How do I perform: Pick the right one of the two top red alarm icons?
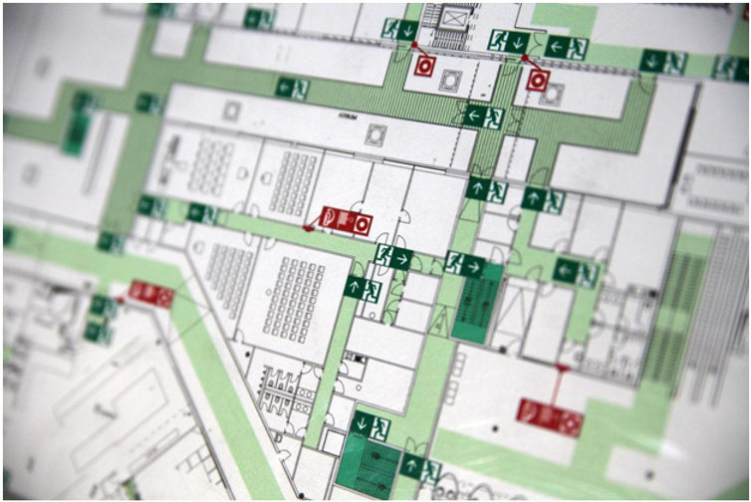click(537, 79)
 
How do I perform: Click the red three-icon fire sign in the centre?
click(345, 220)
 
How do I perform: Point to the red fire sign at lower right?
click(549, 416)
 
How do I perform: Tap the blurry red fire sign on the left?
click(150, 294)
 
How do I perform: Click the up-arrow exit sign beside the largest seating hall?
click(363, 288)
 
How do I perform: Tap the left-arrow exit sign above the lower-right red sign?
click(576, 272)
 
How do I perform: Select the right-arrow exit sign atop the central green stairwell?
click(465, 265)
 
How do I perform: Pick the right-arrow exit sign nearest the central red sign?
click(392, 256)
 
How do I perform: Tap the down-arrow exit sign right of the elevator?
click(509, 42)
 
